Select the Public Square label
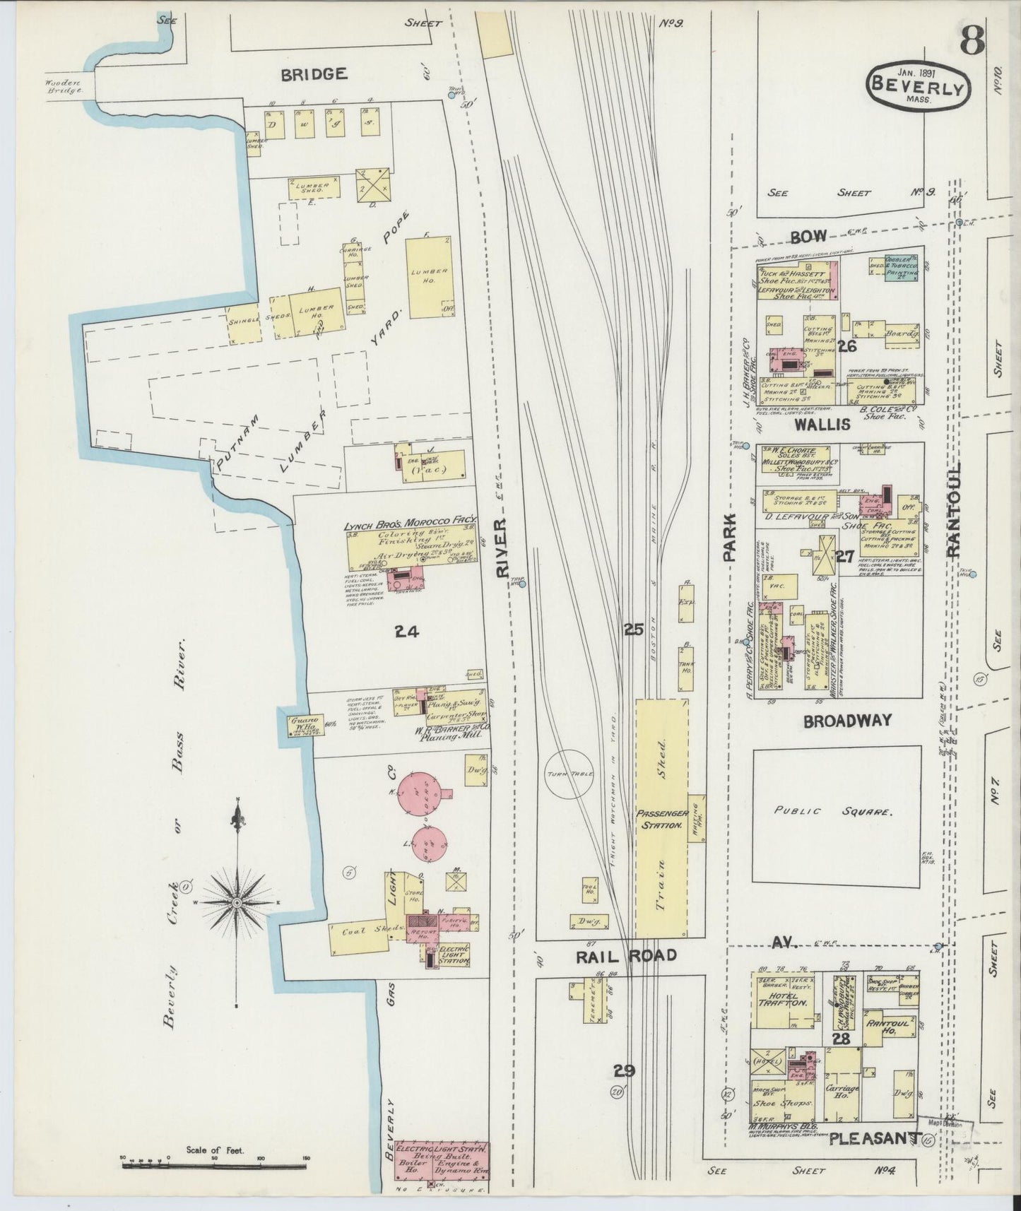(836, 811)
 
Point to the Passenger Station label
(661, 820)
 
